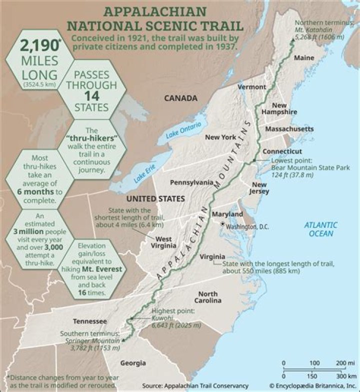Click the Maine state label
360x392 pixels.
point(304,57)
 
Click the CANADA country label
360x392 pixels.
point(180,98)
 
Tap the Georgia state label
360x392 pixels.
point(132,363)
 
